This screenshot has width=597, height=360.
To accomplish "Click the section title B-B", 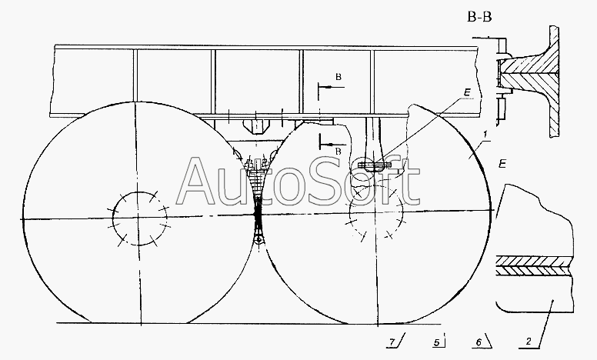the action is click(480, 17).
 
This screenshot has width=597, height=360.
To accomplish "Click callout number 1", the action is click(485, 135).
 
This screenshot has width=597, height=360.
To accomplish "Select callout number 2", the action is click(529, 342).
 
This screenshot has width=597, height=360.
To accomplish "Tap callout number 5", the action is click(437, 342).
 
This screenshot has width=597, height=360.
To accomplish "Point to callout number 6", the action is click(479, 342).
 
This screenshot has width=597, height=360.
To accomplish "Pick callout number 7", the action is click(392, 342).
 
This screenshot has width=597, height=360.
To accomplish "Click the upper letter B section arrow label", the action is click(339, 77).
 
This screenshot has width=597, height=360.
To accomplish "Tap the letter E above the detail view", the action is click(502, 164).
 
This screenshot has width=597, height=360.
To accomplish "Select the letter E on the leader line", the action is click(467, 92).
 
